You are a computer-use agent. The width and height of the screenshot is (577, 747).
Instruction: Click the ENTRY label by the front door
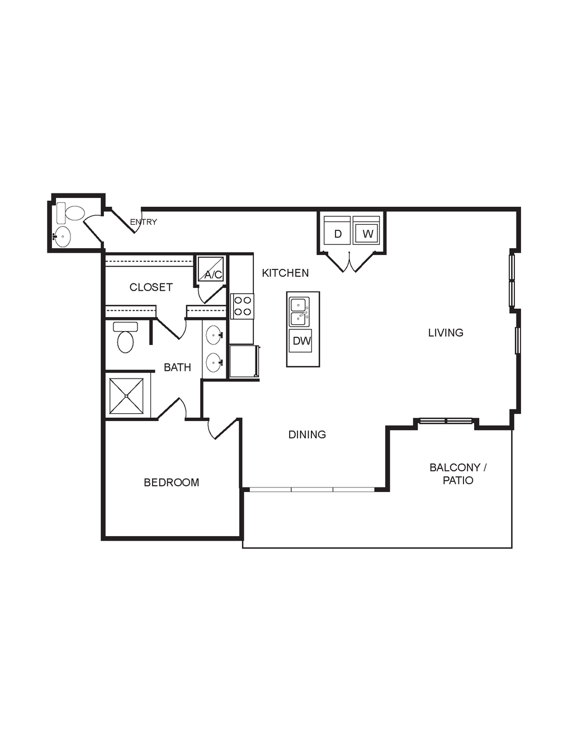(143, 222)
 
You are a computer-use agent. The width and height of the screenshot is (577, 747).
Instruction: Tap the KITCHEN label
(285, 273)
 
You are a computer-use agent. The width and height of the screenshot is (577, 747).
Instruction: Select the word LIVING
(446, 333)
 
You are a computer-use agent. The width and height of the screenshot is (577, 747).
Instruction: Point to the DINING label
(307, 434)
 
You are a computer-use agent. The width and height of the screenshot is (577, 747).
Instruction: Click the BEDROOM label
(172, 483)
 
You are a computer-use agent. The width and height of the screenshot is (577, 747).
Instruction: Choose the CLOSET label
(151, 287)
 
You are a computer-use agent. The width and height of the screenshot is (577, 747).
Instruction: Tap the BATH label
(177, 367)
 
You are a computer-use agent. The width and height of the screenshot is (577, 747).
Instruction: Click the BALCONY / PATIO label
(458, 474)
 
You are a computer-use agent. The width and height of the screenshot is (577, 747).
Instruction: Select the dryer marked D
(338, 230)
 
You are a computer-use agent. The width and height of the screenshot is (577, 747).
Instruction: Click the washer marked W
(366, 230)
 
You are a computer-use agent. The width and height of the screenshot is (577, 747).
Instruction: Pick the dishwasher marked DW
(300, 341)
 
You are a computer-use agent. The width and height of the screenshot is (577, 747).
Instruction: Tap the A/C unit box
(211, 269)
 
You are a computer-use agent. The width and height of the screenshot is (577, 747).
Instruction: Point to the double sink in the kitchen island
(299, 312)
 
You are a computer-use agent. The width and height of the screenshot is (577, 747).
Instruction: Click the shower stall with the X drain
(126, 396)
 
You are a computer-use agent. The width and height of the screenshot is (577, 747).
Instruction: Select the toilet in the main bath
(125, 337)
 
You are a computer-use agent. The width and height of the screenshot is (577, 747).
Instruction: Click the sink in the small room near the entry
(62, 237)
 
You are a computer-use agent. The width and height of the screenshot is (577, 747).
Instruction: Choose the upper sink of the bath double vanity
(215, 335)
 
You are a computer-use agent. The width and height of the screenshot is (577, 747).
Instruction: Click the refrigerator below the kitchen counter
(244, 362)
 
